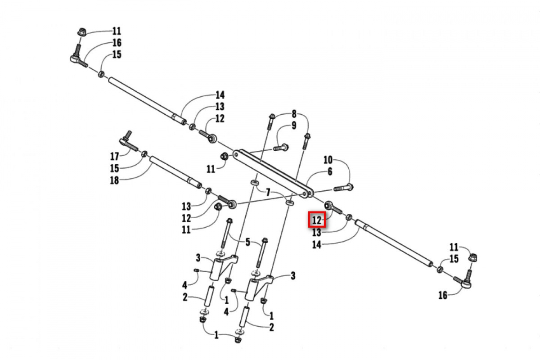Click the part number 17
(114, 157)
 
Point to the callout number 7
(268, 193)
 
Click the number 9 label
(294, 126)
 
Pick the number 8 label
(294, 113)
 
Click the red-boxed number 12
(317, 220)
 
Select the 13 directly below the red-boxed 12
(317, 232)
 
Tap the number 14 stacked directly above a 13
(220, 95)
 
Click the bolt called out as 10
(344, 187)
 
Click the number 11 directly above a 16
(117, 31)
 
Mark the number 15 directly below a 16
(117, 54)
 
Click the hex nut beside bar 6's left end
(224, 157)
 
